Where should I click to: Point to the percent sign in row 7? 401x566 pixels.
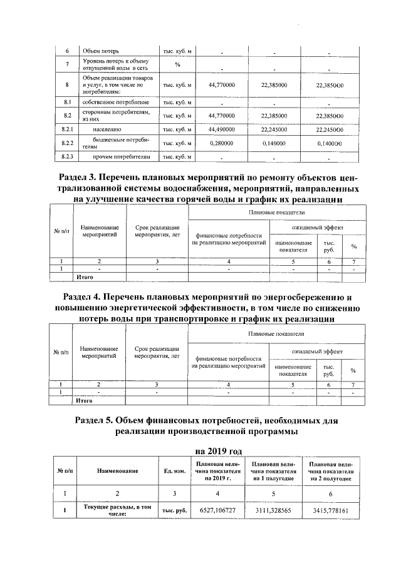click(x=177, y=64)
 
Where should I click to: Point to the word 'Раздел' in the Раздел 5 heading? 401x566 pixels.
click(x=93, y=419)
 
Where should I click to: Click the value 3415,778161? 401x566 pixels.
click(x=331, y=511)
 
